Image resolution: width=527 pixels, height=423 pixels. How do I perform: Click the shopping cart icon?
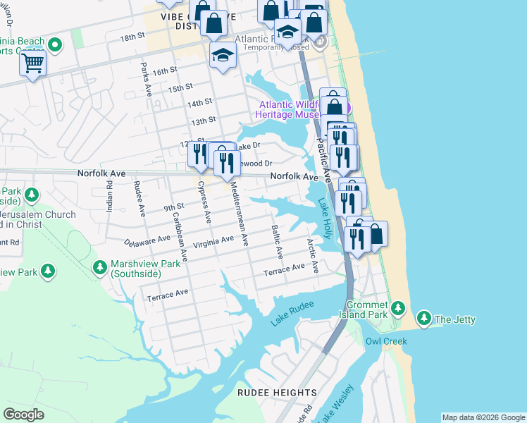(x=32, y=64)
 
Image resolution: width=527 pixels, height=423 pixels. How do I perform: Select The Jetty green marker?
(x=424, y=319)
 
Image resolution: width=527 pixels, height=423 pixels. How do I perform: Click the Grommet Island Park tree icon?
(x=398, y=308)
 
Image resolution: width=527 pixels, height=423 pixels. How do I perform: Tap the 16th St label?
(x=163, y=71)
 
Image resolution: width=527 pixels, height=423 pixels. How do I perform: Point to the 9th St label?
(x=173, y=207)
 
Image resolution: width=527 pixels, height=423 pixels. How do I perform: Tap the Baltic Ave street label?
(x=276, y=241)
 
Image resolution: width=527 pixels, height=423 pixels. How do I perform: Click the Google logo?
(x=23, y=415)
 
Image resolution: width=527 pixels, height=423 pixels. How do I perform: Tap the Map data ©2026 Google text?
(x=483, y=417)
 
